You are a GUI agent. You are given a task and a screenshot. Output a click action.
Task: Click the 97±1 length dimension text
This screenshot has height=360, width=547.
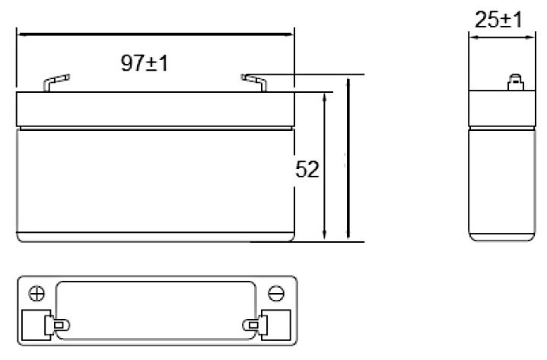144,63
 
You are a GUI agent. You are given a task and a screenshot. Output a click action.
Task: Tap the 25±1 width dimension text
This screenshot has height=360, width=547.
498,20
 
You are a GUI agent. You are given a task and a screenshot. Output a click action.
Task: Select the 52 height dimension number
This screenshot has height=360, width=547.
307,170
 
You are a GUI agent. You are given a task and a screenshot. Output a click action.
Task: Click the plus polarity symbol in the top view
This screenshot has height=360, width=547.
37,293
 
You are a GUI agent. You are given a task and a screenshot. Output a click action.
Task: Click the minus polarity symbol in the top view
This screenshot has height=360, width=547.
276,293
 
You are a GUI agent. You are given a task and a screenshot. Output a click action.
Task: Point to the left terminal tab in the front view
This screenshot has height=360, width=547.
56,83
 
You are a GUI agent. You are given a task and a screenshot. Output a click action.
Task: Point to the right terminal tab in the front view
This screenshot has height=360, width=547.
254,83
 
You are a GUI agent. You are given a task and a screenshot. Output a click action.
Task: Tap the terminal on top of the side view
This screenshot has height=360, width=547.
516,82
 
